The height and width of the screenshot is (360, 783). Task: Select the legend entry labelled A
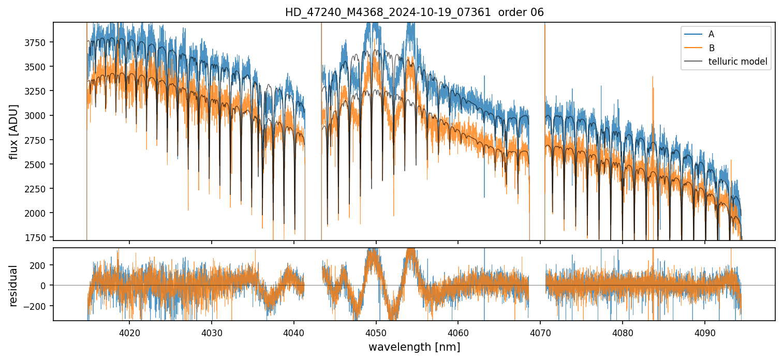point(711,34)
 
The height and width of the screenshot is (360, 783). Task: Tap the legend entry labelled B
point(711,48)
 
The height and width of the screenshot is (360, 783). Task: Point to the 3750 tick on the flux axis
point(38,42)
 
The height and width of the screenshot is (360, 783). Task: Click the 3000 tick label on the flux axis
point(38,115)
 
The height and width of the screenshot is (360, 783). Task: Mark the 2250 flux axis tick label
point(38,189)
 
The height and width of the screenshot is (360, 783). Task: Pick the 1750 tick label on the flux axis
point(38,237)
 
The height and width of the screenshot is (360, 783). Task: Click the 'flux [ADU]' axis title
point(13,131)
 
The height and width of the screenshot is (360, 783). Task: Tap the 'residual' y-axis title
point(13,285)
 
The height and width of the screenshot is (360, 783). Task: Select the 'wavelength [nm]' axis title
point(414,347)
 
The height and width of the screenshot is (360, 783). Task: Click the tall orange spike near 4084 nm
point(653,78)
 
